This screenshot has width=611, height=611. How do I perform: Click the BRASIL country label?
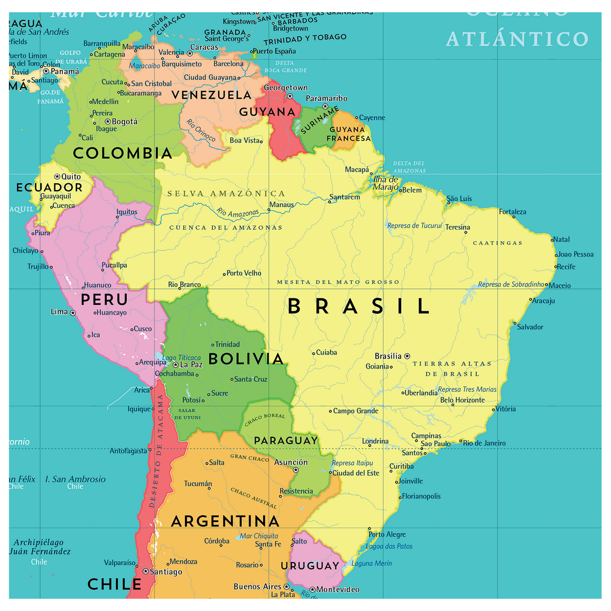359,307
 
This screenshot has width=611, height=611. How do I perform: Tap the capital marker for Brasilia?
407,356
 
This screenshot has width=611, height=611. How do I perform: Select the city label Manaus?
282,205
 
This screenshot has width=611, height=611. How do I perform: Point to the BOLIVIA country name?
246,359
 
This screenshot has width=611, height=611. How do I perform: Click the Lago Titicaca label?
181,358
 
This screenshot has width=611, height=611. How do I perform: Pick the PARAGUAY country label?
286,440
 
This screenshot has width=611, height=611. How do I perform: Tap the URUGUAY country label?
310,566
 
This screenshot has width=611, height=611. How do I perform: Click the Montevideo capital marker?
313,590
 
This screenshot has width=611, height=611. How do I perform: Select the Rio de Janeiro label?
484,443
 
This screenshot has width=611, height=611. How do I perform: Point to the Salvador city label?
530,327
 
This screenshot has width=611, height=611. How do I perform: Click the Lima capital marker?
73,313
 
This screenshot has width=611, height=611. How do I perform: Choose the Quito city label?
71,177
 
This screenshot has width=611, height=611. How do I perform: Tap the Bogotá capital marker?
107,122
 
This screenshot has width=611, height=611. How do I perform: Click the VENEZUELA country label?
211,95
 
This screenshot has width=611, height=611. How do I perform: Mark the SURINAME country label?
320,120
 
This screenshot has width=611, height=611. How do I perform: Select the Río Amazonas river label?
237,213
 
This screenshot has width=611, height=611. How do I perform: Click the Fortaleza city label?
512,212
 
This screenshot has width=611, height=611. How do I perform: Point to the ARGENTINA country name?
225,521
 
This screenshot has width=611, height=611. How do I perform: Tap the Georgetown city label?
286,88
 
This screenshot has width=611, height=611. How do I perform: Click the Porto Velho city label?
244,273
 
